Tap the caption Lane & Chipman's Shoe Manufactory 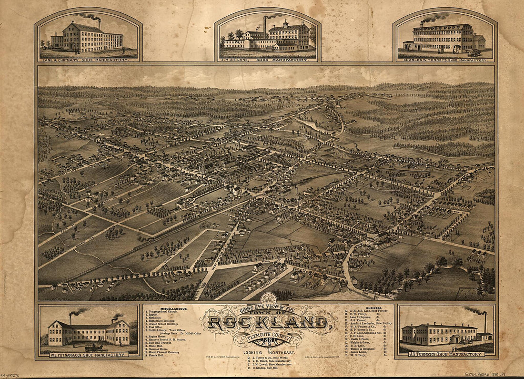click(x=88, y=60)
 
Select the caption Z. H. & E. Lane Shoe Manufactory click(x=267, y=60)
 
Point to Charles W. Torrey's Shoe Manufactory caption click(x=445, y=60)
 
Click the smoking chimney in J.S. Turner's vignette click(x=485, y=322)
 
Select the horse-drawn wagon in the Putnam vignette click(x=92, y=348)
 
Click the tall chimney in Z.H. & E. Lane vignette click(x=265, y=27)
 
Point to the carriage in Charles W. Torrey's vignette click(x=474, y=53)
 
